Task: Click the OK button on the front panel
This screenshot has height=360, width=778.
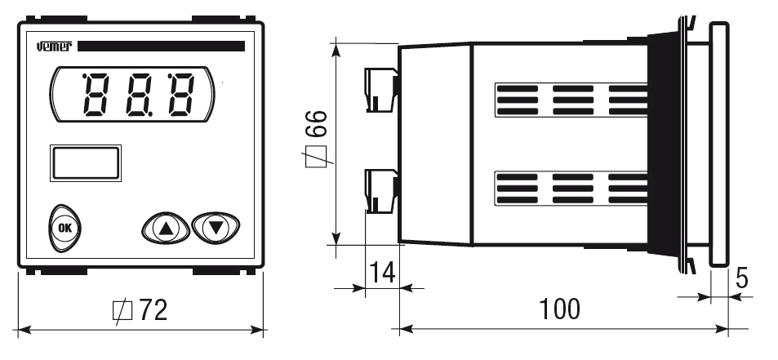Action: [64, 228]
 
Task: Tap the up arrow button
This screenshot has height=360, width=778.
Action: [166, 228]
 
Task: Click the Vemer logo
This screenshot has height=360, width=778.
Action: [55, 46]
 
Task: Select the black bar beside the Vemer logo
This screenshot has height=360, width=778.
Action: [162, 46]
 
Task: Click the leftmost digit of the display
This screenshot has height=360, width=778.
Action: [97, 95]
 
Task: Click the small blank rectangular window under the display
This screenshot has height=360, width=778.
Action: [86, 162]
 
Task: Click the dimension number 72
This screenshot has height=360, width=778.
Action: [153, 310]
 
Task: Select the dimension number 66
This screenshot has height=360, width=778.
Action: [317, 123]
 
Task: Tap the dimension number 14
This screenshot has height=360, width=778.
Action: [382, 272]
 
